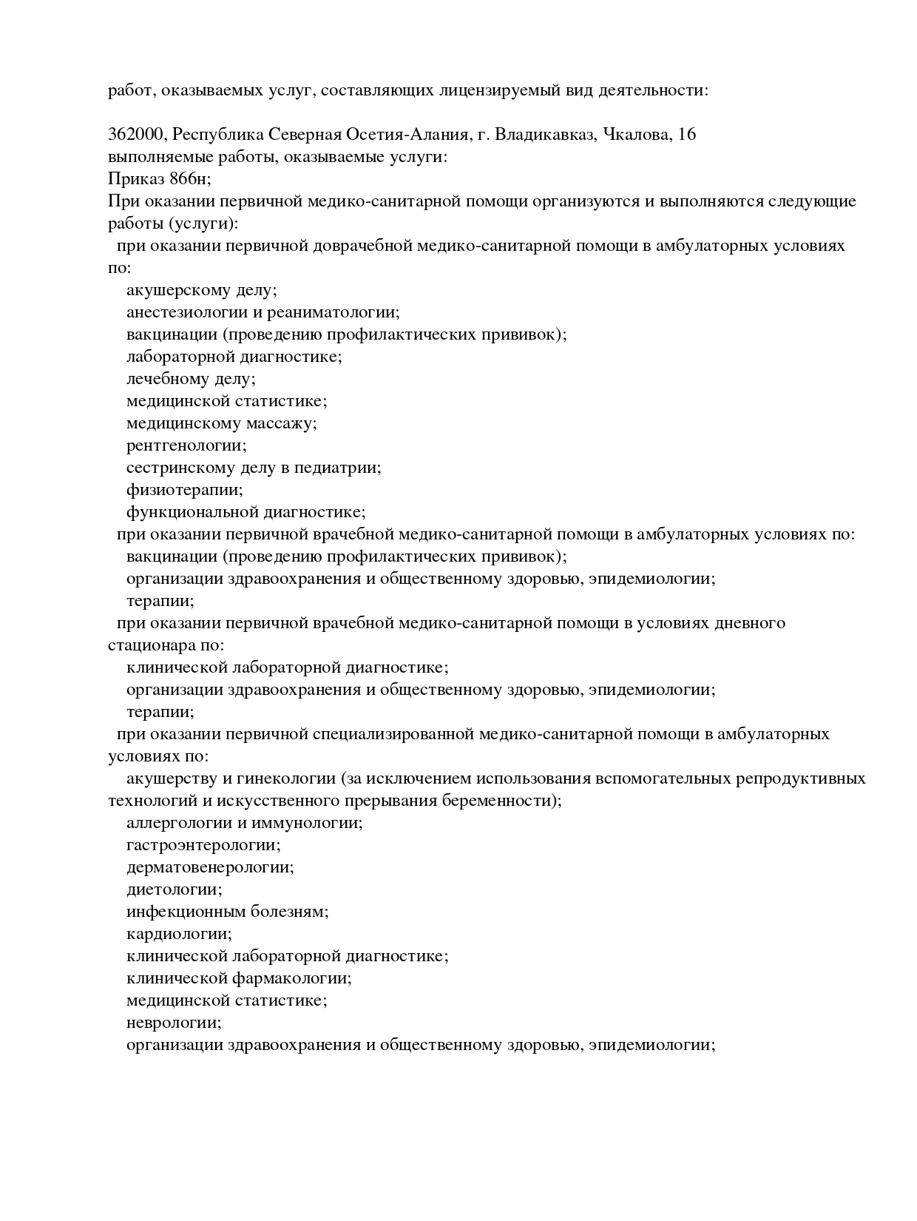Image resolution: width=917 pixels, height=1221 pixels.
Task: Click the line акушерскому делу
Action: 201,290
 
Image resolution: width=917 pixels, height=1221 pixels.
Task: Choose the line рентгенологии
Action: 186,445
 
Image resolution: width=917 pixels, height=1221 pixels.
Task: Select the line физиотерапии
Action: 184,490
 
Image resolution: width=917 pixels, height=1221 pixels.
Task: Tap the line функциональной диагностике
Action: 246,512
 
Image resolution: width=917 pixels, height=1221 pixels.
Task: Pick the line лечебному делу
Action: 191,379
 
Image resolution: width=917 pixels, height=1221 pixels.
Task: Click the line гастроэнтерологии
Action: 203,845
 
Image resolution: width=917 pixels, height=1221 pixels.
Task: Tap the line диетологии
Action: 175,889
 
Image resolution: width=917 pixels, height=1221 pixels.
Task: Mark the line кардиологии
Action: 179,934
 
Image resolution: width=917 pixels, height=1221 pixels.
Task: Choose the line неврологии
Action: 175,1023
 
